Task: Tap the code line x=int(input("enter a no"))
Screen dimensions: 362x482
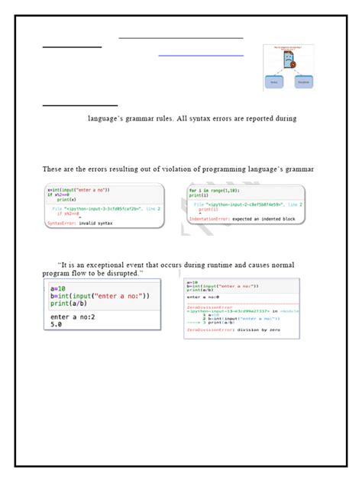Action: [79, 189]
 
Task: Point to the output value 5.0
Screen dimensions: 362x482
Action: [56, 324]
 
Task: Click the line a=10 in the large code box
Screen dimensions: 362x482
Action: [57, 289]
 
